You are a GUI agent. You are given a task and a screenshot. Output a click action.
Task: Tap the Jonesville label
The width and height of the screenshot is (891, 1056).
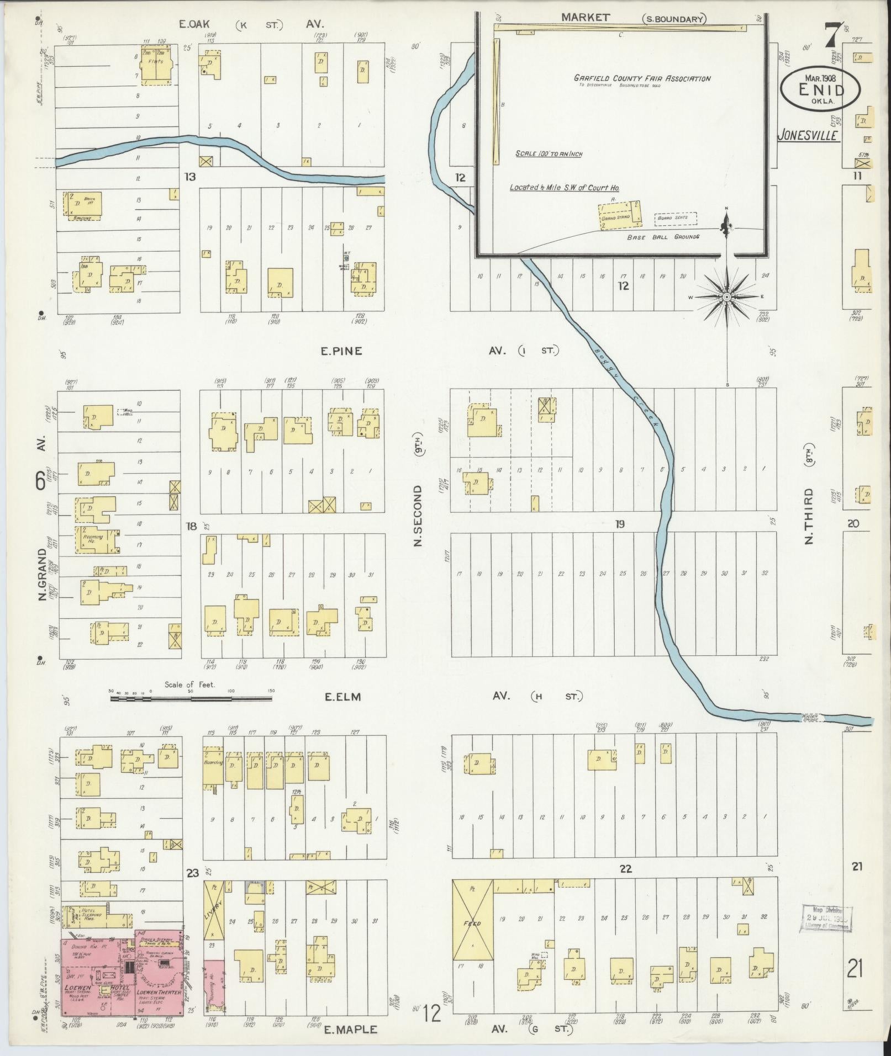[x=809, y=135]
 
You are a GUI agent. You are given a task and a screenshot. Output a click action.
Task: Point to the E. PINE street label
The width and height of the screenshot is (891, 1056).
[x=342, y=351]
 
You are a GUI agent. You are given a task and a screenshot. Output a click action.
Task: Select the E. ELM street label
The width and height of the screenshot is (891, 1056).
[x=342, y=697]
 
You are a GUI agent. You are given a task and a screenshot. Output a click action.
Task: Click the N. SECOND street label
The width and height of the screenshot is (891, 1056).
[x=418, y=516]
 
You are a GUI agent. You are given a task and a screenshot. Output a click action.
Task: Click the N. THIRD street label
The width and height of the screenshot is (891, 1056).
[x=809, y=516]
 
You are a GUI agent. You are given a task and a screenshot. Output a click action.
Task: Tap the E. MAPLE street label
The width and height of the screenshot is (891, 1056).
[x=350, y=1029]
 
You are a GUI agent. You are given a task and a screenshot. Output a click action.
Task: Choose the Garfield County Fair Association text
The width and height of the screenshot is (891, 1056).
[x=642, y=78]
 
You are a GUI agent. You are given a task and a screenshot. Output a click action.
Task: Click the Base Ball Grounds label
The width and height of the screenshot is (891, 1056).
[x=663, y=237]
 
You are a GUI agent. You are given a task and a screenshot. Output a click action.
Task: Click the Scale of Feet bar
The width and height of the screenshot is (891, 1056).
[x=191, y=699]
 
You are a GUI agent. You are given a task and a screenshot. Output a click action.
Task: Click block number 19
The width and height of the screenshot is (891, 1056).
[x=620, y=524]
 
